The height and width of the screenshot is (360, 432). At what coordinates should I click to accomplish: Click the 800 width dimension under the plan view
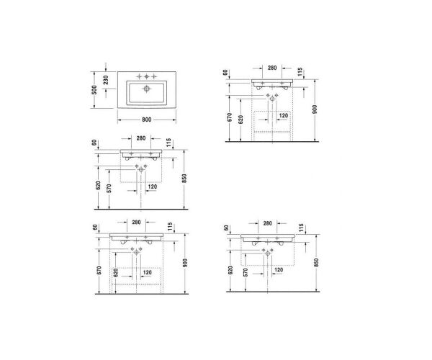[x=145, y=119]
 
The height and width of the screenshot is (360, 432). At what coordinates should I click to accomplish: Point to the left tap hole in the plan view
[x=139, y=76]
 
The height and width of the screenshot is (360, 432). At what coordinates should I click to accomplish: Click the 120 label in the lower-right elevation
[x=277, y=270]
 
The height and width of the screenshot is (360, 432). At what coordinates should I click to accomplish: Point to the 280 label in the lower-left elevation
[x=135, y=222]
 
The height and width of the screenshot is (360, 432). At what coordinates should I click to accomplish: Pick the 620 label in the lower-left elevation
[x=114, y=274]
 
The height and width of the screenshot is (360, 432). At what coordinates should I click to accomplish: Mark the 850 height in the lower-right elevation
[x=316, y=261]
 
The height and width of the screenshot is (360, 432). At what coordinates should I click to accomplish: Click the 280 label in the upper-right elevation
[x=272, y=68]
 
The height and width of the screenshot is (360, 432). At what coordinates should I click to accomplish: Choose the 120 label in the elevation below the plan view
[x=152, y=186]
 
